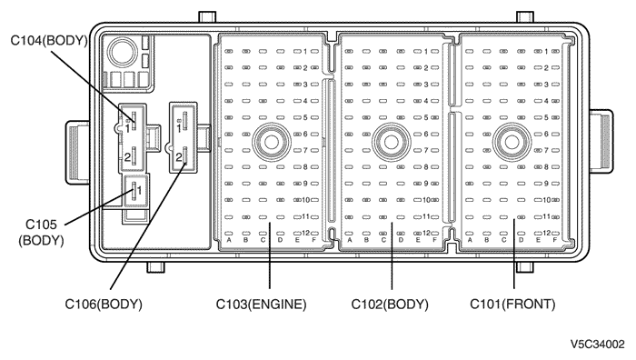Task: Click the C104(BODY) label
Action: tap(49, 41)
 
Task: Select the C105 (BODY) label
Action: tap(41, 232)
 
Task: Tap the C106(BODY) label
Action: tap(104, 304)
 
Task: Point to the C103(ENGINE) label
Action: tap(262, 304)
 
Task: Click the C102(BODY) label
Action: tap(390, 304)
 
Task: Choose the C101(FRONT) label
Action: tap(512, 304)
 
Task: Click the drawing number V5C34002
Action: tap(598, 345)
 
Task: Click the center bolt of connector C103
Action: tap(272, 142)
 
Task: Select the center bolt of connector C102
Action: tap(392, 142)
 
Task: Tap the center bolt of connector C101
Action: tap(512, 142)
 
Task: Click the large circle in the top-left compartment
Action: tap(123, 52)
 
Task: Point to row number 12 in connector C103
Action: tap(305, 233)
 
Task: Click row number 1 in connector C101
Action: tap(546, 52)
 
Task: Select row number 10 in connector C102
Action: tap(426, 200)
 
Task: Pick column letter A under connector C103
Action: tap(229, 240)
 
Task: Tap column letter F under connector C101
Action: tap(554, 240)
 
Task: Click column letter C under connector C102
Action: tap(383, 240)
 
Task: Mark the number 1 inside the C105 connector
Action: tap(139, 190)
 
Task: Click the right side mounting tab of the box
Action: tap(601, 141)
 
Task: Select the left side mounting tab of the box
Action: tap(78, 152)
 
